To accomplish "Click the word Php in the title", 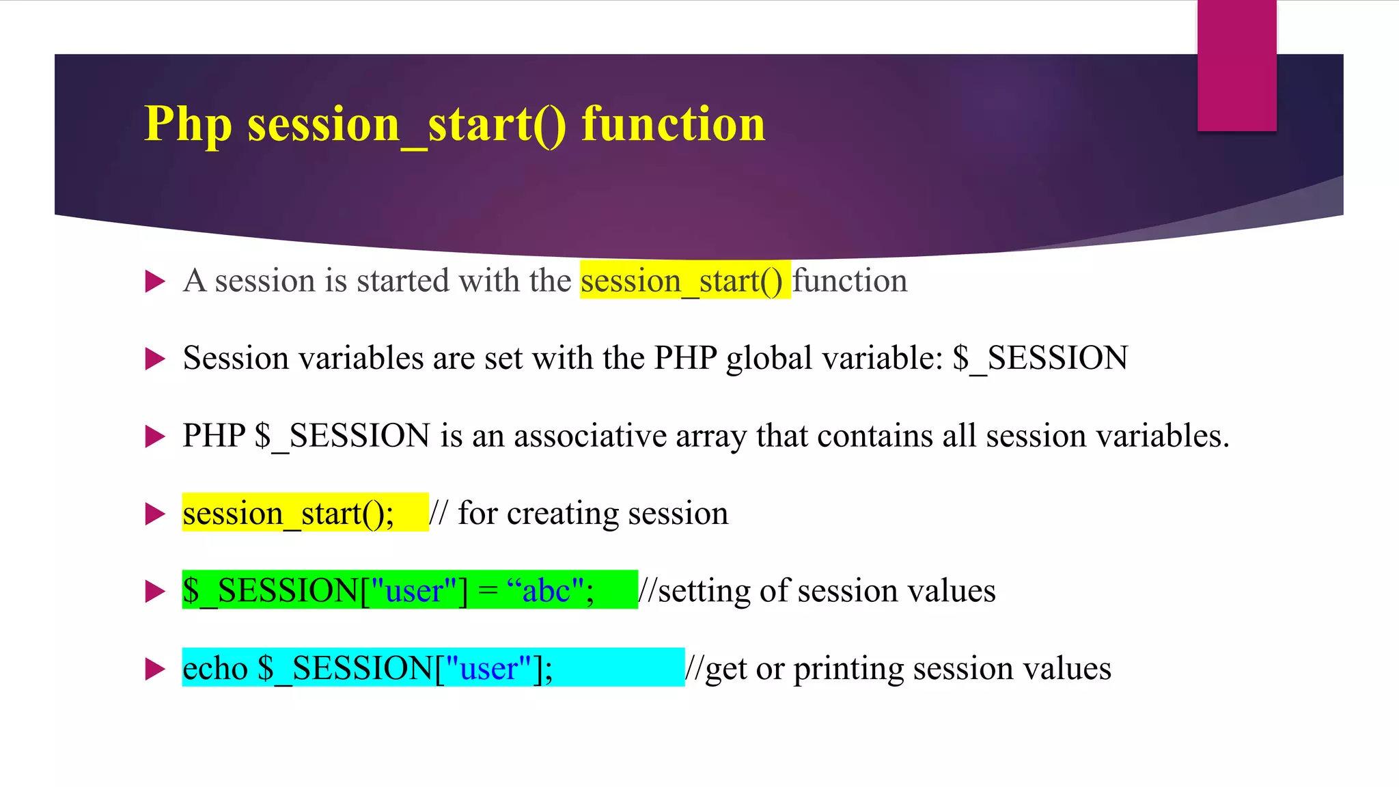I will coord(188,125).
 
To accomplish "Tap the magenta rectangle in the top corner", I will coord(1236,66).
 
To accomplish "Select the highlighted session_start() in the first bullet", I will coord(682,281).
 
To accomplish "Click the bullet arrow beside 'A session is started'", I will coord(156,281).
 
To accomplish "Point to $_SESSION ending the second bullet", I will coord(1040,359).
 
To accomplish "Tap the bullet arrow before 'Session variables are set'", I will coord(156,359).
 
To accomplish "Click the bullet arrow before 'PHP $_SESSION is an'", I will coord(156,436).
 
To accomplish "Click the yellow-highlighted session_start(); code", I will coord(288,514).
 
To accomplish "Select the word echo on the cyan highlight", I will coord(215,668).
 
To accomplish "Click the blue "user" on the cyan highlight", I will coord(488,668).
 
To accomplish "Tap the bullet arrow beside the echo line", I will coord(156,669).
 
